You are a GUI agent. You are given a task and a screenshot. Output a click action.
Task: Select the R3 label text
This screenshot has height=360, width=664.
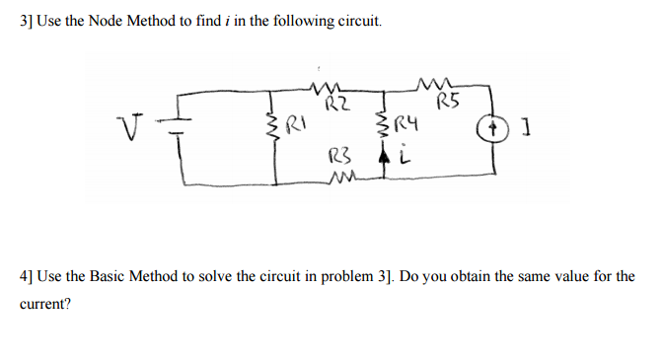point(337,157)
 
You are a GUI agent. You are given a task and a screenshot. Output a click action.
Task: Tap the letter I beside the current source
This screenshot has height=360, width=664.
point(523,129)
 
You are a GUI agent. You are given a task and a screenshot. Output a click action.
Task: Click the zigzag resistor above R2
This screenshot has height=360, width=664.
point(326,87)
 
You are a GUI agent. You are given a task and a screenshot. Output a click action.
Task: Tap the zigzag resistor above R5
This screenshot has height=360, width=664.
point(436,82)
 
